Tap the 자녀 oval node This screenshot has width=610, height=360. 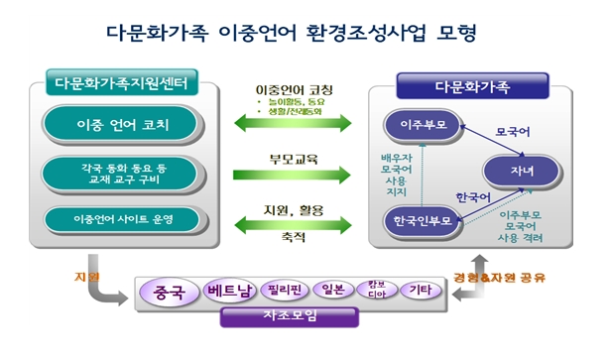tap(522, 170)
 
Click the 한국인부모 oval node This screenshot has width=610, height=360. tap(423, 220)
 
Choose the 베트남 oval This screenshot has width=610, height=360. tap(230, 292)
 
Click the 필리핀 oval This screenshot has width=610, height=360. tap(284, 292)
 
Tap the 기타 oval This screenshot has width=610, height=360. tap(421, 292)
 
